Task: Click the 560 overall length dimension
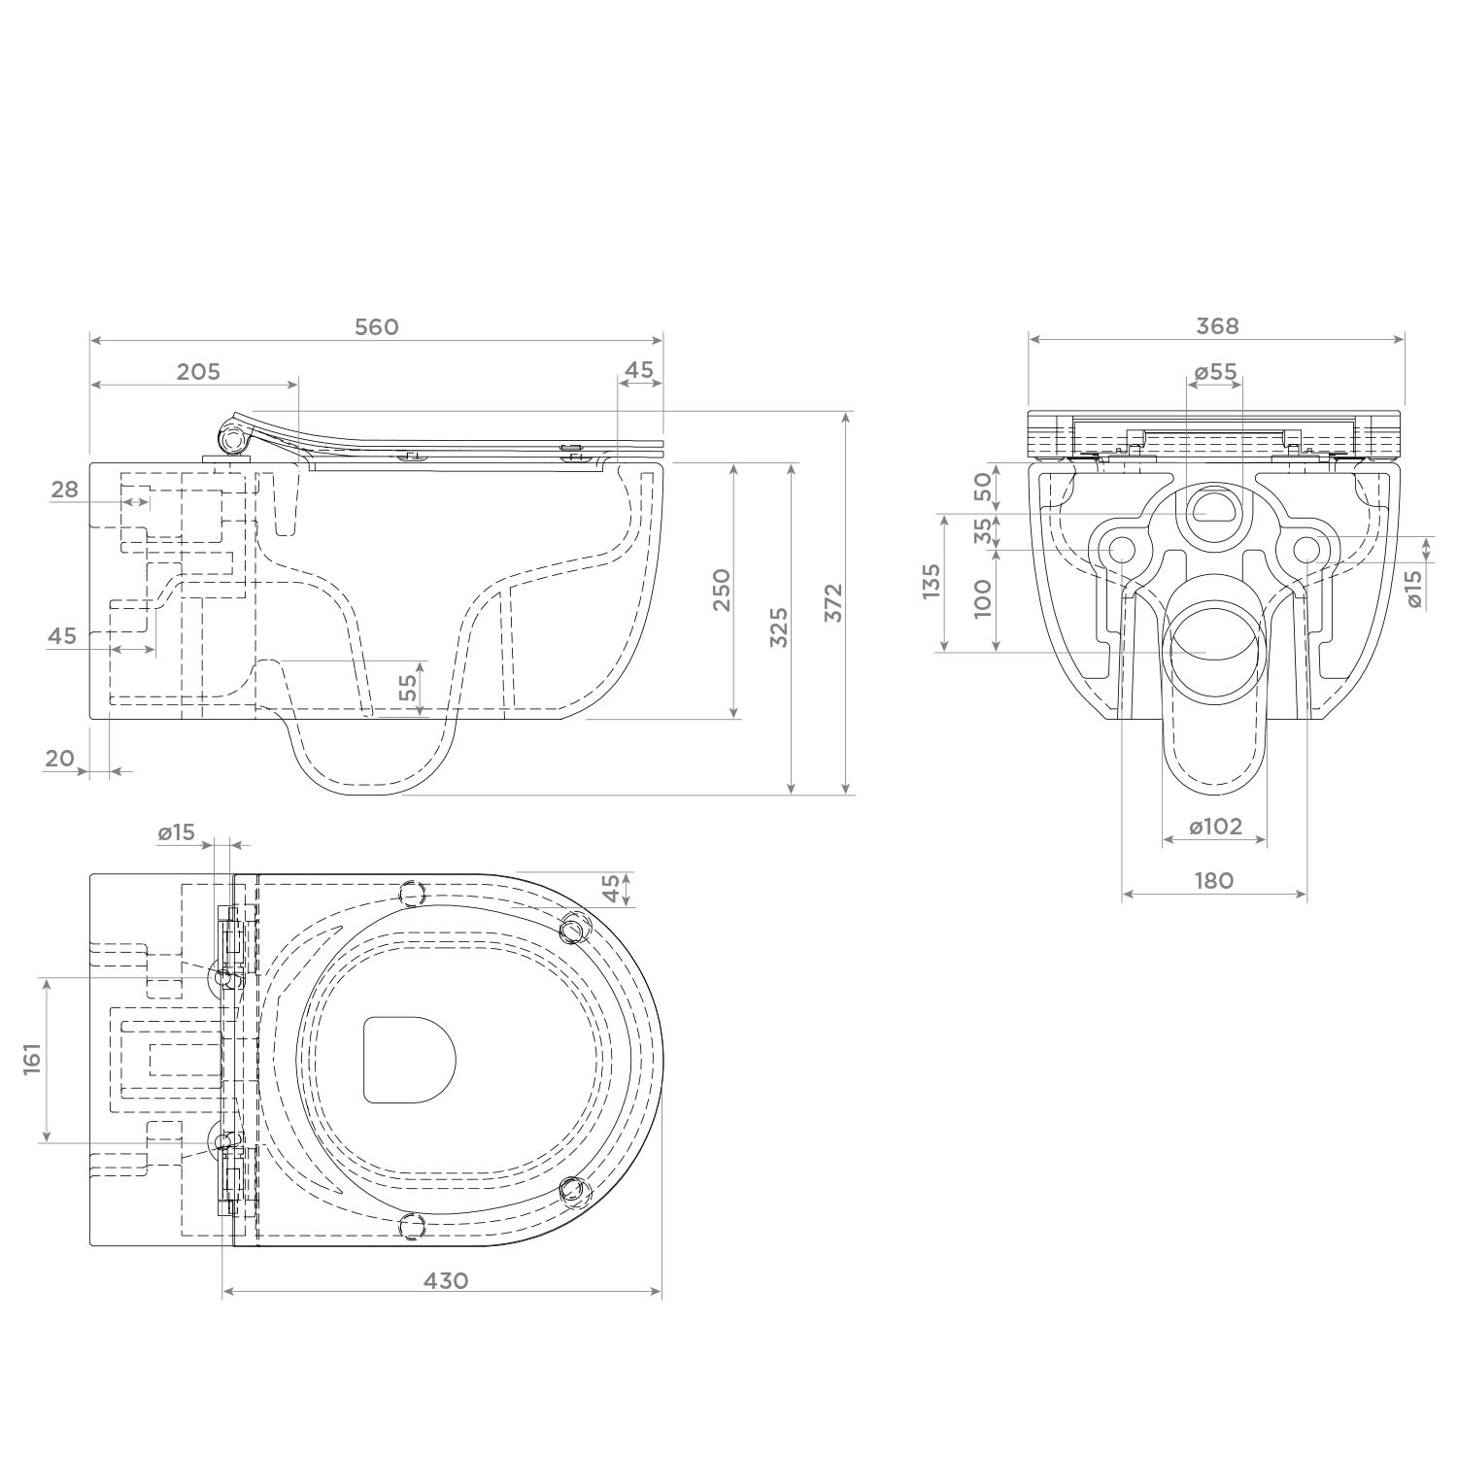pos(376,327)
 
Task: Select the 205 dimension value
pos(199,372)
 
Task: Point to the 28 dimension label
pos(65,490)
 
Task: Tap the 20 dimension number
pos(60,758)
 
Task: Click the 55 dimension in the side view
pos(408,688)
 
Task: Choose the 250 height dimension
pos(722,590)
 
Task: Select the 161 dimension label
pos(31,1060)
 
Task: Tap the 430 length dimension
pos(446,1280)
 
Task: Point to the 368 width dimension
pos(1217,326)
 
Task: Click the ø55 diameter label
pos(1215,372)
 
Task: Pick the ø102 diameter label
pos(1215,827)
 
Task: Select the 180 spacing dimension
pos(1214,880)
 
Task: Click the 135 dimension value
pos(932,582)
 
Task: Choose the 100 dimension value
pos(983,599)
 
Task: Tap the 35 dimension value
pos(983,530)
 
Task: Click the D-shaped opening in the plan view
pos(409,1060)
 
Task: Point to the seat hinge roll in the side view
pos(233,440)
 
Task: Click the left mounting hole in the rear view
pos(1122,551)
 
